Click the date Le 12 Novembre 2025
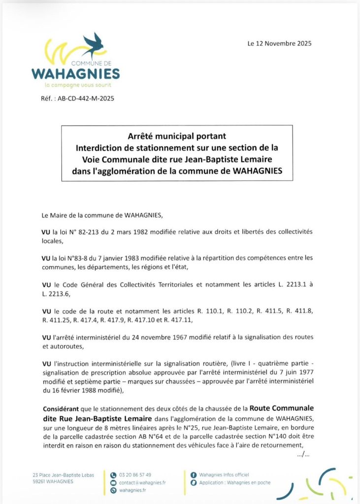coord(279,43)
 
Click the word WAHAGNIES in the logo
coord(75,74)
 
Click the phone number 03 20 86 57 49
coord(135,475)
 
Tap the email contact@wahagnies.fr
coord(142,483)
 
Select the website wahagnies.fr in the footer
coord(132,491)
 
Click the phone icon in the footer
coord(113,475)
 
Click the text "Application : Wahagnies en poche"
coord(234,483)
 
